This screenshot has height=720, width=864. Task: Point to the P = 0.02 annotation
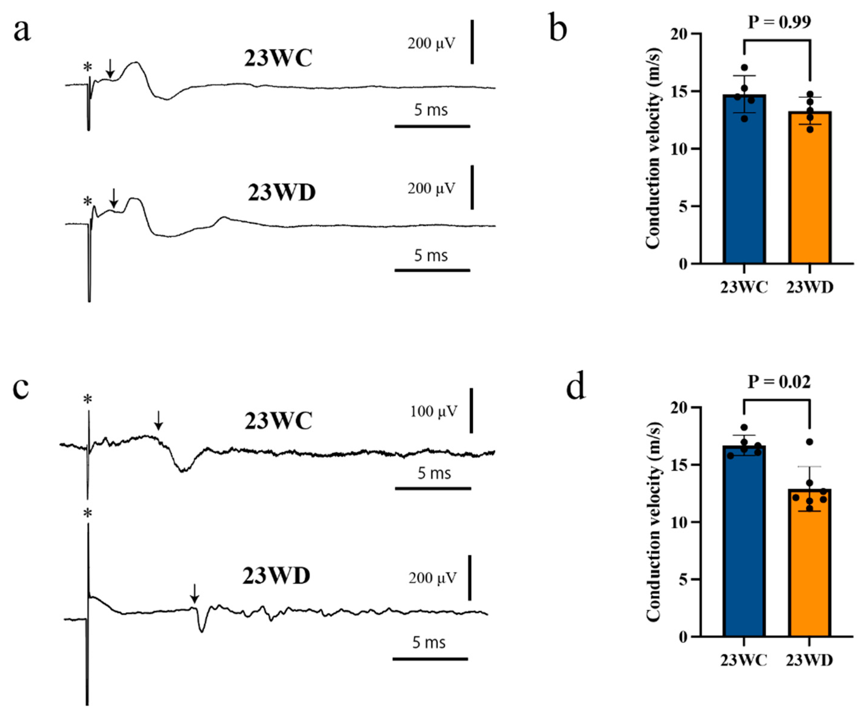tap(779, 382)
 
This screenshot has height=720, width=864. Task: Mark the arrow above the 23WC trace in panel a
tap(110, 68)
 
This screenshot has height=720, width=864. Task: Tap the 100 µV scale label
tap(434, 411)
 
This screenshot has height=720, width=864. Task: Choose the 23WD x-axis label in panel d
tap(809, 660)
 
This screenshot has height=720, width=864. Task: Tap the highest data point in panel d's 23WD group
tap(810, 442)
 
